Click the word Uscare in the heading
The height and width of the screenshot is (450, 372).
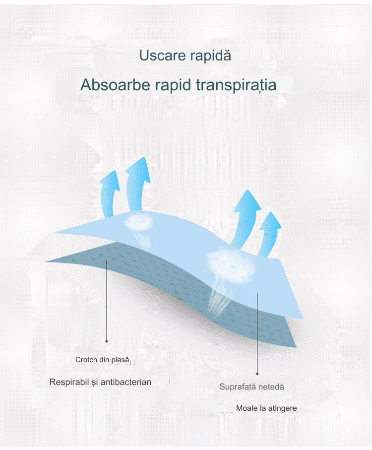pyautogui.click(x=162, y=56)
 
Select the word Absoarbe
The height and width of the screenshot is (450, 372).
pyautogui.click(x=115, y=85)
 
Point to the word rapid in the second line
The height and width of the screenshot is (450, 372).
pyautogui.click(x=173, y=85)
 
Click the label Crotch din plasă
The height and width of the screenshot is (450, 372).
pyautogui.click(x=102, y=360)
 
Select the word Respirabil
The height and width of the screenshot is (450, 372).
pyautogui.click(x=69, y=382)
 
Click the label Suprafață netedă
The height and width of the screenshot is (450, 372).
pyautogui.click(x=251, y=387)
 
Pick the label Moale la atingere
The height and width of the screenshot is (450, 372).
pyautogui.click(x=266, y=408)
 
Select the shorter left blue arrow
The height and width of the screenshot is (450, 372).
pyautogui.click(x=109, y=193)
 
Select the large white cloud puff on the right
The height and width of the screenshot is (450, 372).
pyautogui.click(x=231, y=263)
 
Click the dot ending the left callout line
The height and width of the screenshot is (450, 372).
pyautogui.click(x=107, y=341)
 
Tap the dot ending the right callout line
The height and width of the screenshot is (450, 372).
pyautogui.click(x=257, y=374)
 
